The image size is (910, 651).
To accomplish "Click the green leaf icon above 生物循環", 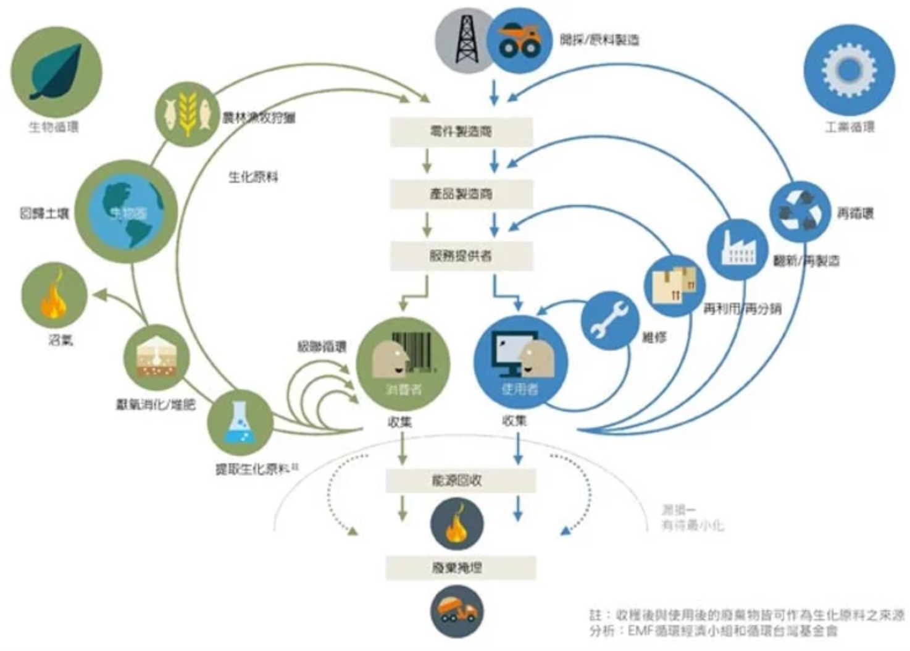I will tap(56, 71).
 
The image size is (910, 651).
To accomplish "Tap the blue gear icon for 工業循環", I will tap(849, 70).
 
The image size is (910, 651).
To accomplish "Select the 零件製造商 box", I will tap(461, 132).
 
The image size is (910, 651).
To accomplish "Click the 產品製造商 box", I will tap(461, 194).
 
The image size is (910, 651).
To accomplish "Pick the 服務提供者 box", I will tap(461, 256).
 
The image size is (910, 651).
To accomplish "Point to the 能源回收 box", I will tap(461, 481).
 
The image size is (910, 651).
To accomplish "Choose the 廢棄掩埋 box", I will tap(461, 568).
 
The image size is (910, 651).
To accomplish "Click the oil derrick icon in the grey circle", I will tap(466, 40).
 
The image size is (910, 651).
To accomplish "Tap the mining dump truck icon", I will tap(519, 41).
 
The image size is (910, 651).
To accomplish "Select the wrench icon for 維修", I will tap(609, 320).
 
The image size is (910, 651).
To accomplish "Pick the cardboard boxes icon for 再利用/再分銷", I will tap(675, 285).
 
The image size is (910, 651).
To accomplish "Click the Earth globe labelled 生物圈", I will tap(127, 212).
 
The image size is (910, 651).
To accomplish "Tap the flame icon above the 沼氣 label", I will tap(54, 295).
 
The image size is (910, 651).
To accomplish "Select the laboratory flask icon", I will tap(240, 422).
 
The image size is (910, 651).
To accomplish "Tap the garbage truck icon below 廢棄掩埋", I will tap(457, 611).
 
